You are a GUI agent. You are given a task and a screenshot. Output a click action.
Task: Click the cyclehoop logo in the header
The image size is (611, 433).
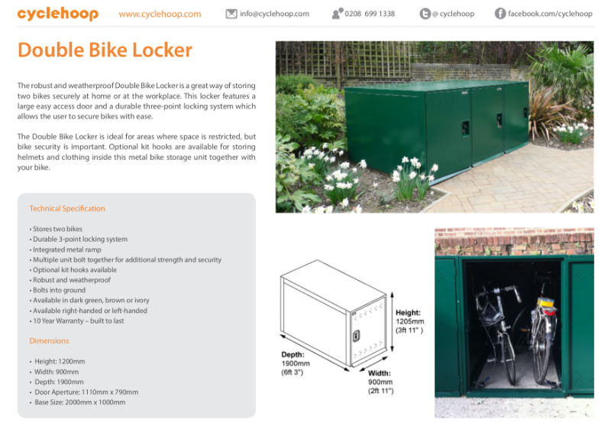click(x=57, y=14)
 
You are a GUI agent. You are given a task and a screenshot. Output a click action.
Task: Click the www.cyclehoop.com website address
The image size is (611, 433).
click(x=160, y=14)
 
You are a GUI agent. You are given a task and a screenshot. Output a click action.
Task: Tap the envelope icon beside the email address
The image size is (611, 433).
click(x=231, y=14)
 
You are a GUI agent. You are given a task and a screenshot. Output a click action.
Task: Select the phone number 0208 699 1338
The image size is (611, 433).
click(x=370, y=14)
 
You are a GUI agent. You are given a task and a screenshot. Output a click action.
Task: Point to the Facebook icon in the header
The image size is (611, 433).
click(x=500, y=14)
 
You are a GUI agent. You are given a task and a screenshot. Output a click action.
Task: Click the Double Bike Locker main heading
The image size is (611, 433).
click(x=105, y=50)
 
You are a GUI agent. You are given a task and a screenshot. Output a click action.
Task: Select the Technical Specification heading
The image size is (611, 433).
click(x=67, y=208)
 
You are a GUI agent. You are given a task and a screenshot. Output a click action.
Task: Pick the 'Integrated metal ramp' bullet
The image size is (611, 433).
click(x=66, y=249)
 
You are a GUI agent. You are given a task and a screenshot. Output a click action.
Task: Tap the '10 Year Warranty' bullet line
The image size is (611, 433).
click(x=76, y=321)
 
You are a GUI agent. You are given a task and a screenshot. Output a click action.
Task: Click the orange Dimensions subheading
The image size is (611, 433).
click(x=49, y=341)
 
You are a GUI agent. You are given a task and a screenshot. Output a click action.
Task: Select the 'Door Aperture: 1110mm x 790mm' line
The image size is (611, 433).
click(x=84, y=392)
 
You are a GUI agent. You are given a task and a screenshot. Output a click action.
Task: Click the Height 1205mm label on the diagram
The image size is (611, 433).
click(x=409, y=321)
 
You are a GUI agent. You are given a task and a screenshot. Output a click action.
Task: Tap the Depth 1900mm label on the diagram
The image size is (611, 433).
click(x=293, y=363)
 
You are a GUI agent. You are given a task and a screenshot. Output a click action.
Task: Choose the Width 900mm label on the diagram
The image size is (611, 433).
click(x=380, y=382)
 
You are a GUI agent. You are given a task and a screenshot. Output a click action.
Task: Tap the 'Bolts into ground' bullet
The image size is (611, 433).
click(x=60, y=291)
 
